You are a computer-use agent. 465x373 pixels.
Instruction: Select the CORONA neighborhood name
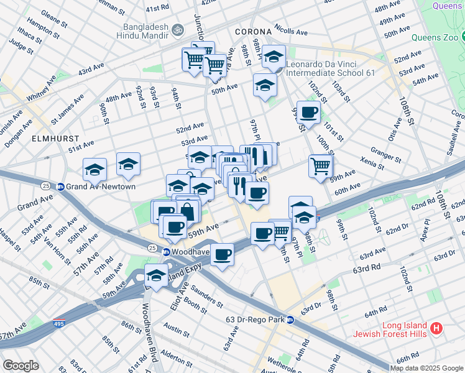coord(253,32)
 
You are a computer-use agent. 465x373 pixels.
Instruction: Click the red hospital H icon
coord(436,328)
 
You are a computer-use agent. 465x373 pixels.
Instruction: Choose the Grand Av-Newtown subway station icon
coord(61,186)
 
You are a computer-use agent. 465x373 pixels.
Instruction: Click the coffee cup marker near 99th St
coord(308,113)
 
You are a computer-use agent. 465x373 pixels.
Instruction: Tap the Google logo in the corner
coord(21,366)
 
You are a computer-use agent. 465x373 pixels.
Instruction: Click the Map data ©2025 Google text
coord(426,368)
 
